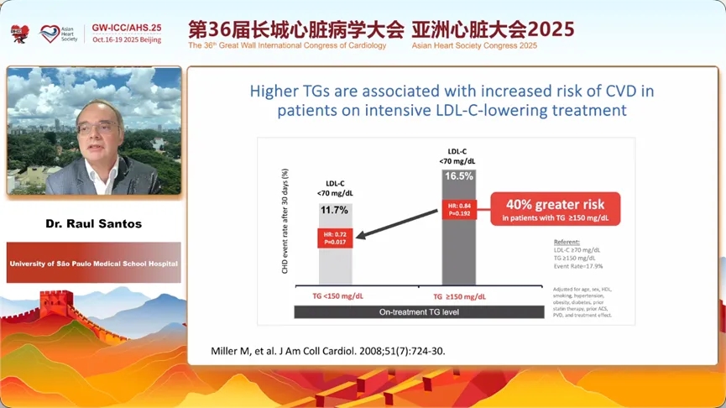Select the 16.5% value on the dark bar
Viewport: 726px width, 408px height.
point(459,176)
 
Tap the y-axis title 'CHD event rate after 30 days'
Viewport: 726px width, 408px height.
point(286,221)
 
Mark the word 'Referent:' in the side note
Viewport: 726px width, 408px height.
point(567,241)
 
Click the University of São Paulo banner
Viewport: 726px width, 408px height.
point(94,263)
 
